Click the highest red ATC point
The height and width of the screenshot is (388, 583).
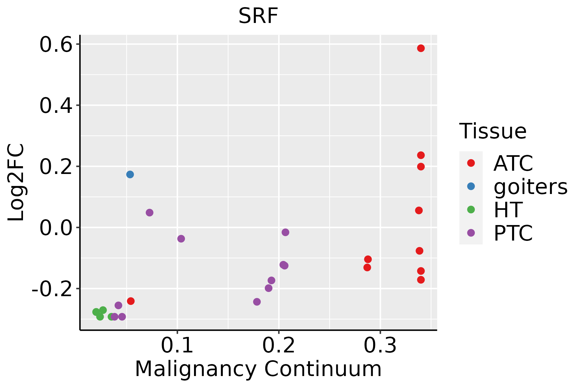pos(421,48)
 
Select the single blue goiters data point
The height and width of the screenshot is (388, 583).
pos(130,175)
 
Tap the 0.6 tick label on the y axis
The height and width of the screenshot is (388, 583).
pos(55,45)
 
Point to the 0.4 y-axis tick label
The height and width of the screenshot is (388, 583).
pos(55,106)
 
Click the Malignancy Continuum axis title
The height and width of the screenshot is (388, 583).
pos(258,369)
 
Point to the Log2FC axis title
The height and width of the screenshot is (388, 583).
pos(16,182)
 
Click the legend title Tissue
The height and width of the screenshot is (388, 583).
pos(493,131)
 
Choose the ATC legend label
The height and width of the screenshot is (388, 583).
pos(513,163)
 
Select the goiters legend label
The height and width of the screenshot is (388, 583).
pos(531,187)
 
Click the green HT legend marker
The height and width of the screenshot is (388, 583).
pos(471,210)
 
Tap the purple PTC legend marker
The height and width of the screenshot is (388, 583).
pos(471,233)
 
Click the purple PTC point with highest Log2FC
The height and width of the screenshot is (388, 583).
pos(149,212)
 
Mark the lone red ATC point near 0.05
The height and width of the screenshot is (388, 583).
pos(131,301)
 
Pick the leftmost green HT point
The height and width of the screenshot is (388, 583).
pos(96,312)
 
